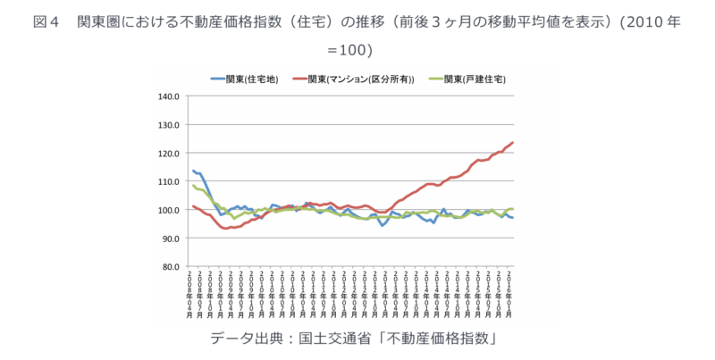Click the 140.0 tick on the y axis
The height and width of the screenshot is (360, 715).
pyautogui.click(x=170, y=96)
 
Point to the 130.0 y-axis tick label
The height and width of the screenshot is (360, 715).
pyautogui.click(x=170, y=124)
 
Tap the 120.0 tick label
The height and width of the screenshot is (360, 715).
pyautogui.click(x=170, y=153)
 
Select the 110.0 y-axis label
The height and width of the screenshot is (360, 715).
pyautogui.click(x=170, y=181)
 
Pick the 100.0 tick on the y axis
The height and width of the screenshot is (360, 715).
pyautogui.click(x=170, y=210)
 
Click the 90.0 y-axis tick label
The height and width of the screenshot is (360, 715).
pyautogui.click(x=172, y=239)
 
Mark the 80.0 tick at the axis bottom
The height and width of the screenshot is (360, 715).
pyautogui.click(x=172, y=266)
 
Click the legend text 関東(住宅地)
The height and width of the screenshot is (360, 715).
pyautogui.click(x=253, y=80)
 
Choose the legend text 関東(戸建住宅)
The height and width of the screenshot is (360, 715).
pyautogui.click(x=475, y=80)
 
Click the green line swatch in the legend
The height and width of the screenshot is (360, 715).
pyautogui.click(x=436, y=80)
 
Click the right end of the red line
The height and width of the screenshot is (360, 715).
pyautogui.click(x=512, y=143)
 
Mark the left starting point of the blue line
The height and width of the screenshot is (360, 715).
pyautogui.click(x=192, y=170)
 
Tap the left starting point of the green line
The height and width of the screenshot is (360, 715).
pyautogui.click(x=192, y=185)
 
